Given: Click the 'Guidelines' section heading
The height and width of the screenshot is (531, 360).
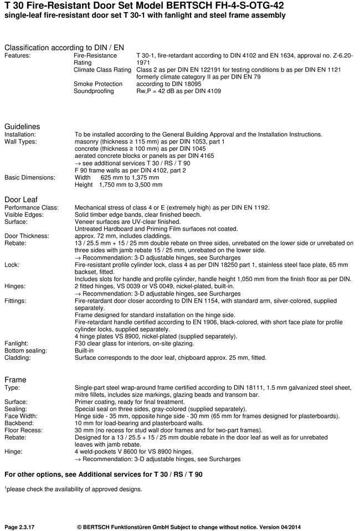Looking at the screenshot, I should click(22, 126).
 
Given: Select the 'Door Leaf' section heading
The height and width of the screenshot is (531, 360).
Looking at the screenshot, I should click(21, 199).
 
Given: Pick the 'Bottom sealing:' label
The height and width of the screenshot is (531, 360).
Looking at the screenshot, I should click(26, 350).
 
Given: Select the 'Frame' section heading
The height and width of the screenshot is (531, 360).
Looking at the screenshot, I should click(15, 379).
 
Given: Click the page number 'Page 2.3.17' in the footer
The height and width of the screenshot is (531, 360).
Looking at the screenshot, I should click(22, 524).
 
